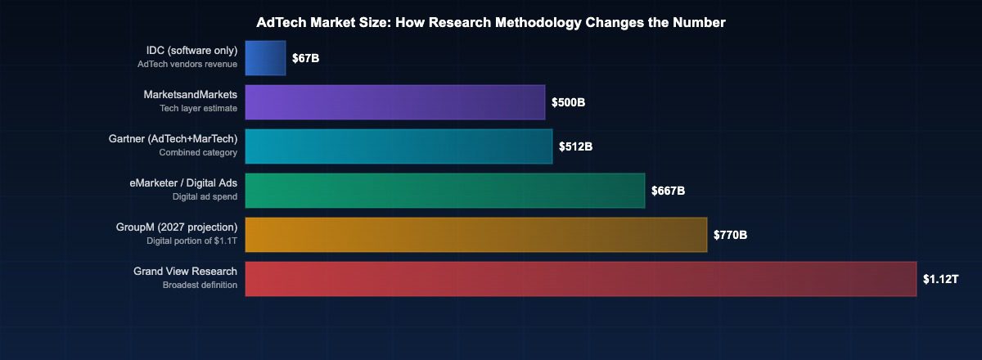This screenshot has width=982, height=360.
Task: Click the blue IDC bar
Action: pos(265,58)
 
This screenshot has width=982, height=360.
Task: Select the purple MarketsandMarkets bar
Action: pos(394,102)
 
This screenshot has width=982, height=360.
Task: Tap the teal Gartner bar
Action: pos(399,146)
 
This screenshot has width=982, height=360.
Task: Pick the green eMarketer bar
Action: pos(444,191)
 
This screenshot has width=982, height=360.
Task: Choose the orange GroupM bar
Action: pos(475,235)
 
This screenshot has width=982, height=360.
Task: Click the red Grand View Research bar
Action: pos(580,279)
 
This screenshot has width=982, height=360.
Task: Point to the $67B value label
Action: pos(305,59)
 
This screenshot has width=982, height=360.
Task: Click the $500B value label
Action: pos(568,103)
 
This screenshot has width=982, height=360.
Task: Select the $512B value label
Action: pos(575,147)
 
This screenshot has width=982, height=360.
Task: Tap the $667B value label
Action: pos(668,191)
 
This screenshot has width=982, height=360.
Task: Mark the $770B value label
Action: pos(730,236)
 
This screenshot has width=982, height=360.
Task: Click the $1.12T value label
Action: pos(940,280)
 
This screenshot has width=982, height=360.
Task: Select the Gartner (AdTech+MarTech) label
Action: pos(173,139)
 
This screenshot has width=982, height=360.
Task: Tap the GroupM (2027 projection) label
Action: pos(177,227)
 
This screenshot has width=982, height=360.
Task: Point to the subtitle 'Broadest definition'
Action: pos(200,285)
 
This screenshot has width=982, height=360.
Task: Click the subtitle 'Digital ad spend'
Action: pos(205,196)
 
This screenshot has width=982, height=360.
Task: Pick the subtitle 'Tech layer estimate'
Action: pos(198,108)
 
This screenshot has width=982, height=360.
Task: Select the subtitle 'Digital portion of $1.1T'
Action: pos(191,241)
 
